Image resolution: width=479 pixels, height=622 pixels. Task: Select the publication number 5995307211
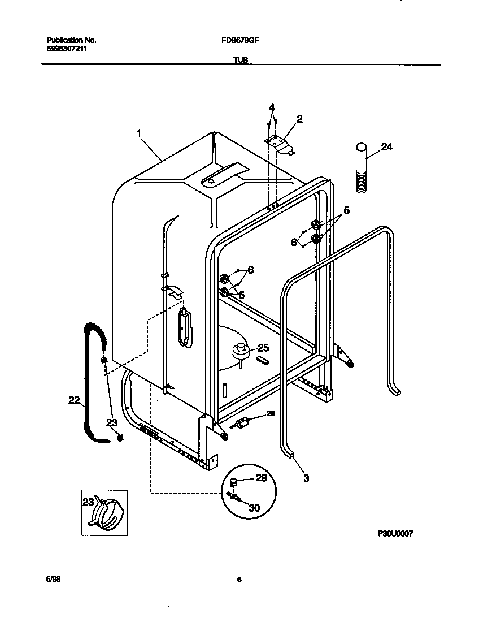(x=66, y=49)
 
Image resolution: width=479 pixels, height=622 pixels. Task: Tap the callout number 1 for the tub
(x=138, y=133)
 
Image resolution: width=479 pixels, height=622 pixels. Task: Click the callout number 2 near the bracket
(x=299, y=119)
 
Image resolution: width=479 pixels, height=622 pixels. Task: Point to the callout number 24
(x=386, y=147)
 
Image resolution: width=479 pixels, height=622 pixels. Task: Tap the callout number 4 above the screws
(x=272, y=107)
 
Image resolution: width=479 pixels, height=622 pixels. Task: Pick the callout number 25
(x=263, y=348)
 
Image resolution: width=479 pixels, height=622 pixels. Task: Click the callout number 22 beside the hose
(x=74, y=400)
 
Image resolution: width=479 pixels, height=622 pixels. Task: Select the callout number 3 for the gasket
(x=306, y=478)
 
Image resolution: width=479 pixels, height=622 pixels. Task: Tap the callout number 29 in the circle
(x=260, y=478)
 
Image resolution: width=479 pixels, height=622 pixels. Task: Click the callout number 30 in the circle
(x=254, y=508)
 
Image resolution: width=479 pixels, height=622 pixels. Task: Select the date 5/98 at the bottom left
(x=53, y=580)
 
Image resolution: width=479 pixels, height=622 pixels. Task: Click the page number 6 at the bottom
(x=239, y=580)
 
